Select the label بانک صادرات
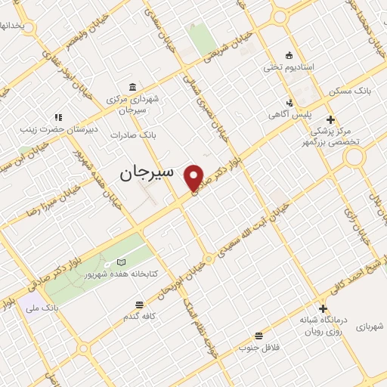tap(132, 135)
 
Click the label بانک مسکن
tap(350, 90)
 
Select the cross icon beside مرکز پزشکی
tap(330, 119)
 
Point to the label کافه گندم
tap(140, 316)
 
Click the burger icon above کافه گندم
tap(139, 305)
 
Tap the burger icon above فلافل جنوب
tap(259, 335)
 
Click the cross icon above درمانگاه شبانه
tap(323, 308)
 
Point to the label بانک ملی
tap(42, 308)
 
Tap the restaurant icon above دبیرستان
tap(57, 116)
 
